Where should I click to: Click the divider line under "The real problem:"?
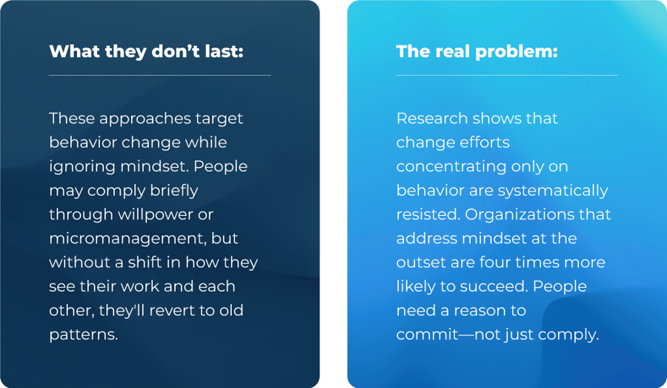(506, 75)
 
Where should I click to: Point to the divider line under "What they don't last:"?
(159, 75)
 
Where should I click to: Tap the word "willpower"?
(167, 214)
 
